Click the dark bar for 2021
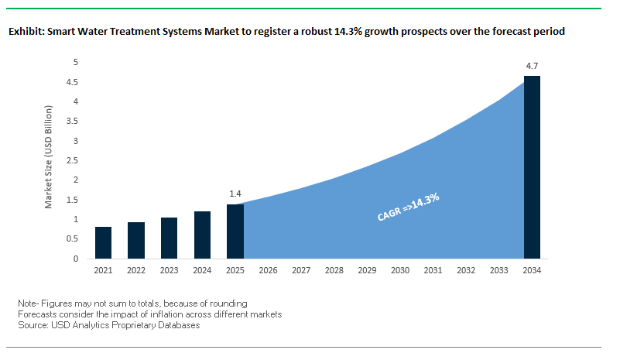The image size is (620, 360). [x=103, y=243]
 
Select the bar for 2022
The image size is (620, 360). [x=136, y=241]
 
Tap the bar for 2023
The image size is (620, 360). [x=169, y=238]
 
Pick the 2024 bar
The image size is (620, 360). [x=202, y=235]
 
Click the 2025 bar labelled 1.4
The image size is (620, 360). [x=235, y=231]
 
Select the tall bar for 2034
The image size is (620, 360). [x=533, y=167]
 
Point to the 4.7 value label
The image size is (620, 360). [x=533, y=67]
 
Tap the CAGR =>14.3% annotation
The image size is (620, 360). [x=408, y=208]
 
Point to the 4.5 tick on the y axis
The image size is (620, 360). [x=74, y=82]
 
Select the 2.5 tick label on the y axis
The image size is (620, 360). [x=74, y=161]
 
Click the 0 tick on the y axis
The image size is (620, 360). [x=76, y=259]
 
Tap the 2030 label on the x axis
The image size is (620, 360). [x=400, y=271]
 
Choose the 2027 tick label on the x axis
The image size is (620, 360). [x=301, y=271]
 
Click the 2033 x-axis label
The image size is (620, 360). [x=499, y=271]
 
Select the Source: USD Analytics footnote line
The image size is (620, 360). [x=109, y=326]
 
